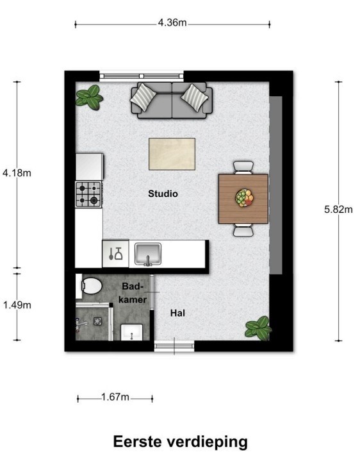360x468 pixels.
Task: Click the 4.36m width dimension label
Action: tap(172, 24)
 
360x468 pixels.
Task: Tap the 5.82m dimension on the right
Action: tap(339, 208)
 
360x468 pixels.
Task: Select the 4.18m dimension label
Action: tap(17, 173)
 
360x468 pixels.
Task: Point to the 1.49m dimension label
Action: tap(17, 305)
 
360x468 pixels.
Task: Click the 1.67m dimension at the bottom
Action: tap(115, 398)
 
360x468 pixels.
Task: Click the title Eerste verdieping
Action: tap(180, 442)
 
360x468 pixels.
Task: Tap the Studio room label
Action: tap(163, 193)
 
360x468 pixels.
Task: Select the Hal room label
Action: tap(177, 313)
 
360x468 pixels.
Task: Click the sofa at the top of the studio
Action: tap(169, 99)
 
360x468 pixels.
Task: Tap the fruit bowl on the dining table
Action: tap(243, 197)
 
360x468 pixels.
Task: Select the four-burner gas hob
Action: tap(89, 194)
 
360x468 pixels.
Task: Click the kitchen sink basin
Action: tap(148, 253)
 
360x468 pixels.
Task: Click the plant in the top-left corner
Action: tap(89, 98)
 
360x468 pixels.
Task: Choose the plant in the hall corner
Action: tap(258, 328)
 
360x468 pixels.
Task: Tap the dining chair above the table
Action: tap(243, 167)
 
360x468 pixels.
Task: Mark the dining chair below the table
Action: tap(243, 230)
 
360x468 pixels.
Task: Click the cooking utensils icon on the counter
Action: tap(115, 253)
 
